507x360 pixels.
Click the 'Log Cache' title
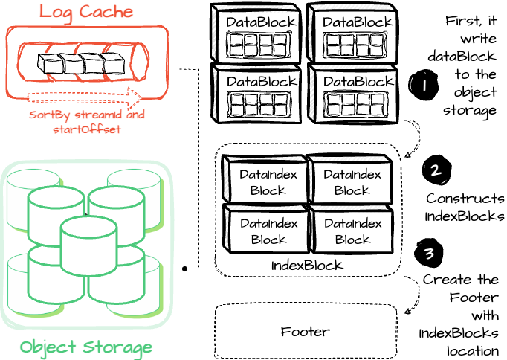pos(86,13)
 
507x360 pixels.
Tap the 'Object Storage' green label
pos(86,347)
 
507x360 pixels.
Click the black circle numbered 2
pos(436,169)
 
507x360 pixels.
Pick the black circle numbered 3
pos(429,253)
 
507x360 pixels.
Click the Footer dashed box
pos(306,331)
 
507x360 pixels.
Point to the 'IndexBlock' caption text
pos(307,266)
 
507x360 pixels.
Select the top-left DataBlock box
pos(256,33)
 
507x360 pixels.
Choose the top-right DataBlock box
pos(352,33)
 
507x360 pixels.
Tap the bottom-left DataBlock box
pos(256,94)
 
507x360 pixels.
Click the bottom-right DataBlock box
pos(352,94)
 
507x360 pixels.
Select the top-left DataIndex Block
pos(265,179)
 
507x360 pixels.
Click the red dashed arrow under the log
pos(85,97)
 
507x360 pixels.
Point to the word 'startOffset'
pos(87,129)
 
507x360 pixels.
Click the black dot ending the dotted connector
pos(184,269)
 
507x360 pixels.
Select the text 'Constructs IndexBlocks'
pos(465,207)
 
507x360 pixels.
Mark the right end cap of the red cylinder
pos(139,62)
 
